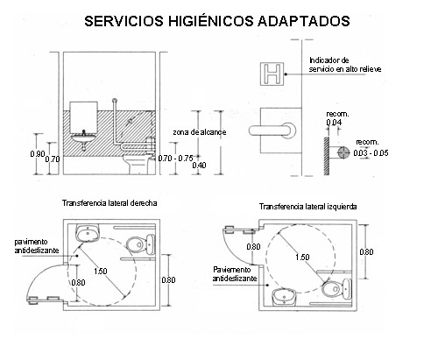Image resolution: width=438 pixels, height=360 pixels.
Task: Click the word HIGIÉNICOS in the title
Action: point(210,20)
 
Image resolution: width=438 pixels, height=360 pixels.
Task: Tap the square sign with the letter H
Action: point(272,74)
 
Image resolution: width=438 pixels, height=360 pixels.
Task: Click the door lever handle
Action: point(272,131)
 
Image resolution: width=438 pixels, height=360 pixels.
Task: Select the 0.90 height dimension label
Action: point(38,153)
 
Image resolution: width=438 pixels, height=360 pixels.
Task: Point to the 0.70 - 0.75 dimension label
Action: point(175,159)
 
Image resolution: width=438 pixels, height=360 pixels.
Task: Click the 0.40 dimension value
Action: point(199,166)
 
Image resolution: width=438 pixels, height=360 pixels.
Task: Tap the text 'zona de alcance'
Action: point(200,132)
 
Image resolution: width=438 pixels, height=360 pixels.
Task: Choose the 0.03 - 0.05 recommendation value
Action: point(371,153)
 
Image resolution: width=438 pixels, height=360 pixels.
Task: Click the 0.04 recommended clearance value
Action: point(334,122)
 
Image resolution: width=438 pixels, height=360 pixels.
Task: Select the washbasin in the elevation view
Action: point(84,140)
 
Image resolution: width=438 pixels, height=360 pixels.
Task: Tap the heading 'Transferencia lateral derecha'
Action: point(109,203)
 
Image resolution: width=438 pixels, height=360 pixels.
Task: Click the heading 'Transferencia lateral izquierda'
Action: point(308,207)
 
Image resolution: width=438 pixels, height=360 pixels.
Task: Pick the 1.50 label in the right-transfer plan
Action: point(101,272)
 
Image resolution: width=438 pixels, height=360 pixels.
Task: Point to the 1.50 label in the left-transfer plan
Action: point(302,258)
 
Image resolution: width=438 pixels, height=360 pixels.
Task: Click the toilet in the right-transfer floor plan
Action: point(140,244)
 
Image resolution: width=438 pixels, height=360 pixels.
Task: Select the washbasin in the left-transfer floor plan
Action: point(284,297)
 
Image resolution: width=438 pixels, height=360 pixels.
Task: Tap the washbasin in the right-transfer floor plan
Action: point(88,233)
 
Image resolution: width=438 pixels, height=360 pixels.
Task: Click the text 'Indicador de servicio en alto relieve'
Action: point(345,65)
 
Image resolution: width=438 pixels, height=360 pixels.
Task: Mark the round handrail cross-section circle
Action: point(343,152)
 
